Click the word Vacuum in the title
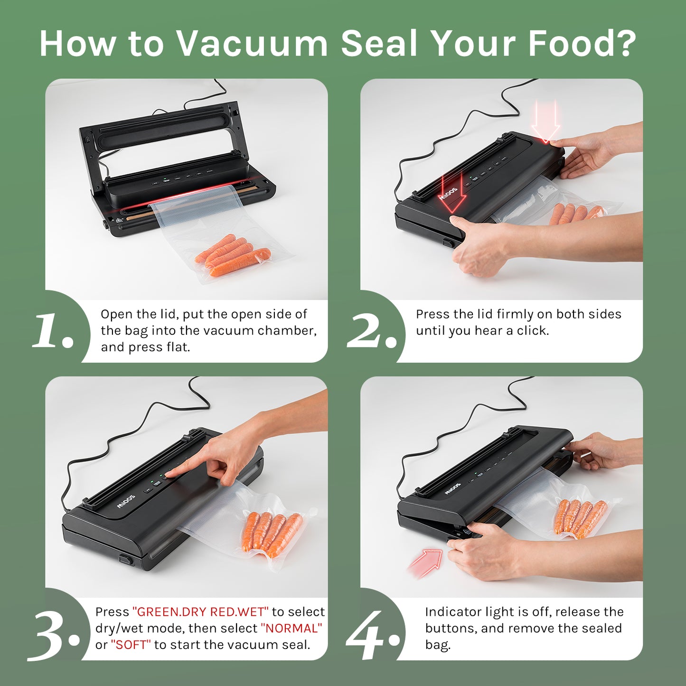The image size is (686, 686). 252,43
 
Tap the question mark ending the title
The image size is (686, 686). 623,43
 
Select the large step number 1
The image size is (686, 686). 53,331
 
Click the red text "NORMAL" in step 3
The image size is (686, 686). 291,629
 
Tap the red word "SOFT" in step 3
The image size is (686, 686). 131,645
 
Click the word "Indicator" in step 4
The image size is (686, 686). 452,612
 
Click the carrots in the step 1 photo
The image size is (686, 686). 232,255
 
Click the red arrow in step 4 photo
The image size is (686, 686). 426,561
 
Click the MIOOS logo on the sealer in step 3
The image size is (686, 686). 126,501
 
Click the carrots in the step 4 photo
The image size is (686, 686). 581,520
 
